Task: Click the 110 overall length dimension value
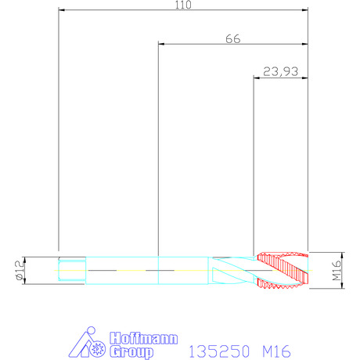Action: pos(183,5)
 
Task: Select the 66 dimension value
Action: pos(233,39)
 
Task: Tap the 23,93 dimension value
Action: pos(280,71)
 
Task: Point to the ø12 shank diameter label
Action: pos(20,270)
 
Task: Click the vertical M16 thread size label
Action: pos(337,270)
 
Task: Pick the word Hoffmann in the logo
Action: pos(144,338)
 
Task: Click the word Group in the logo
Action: pos(131,352)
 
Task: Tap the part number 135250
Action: pos(219,351)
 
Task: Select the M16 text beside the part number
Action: pos(276,351)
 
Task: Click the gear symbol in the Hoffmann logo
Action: pos(98,348)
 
